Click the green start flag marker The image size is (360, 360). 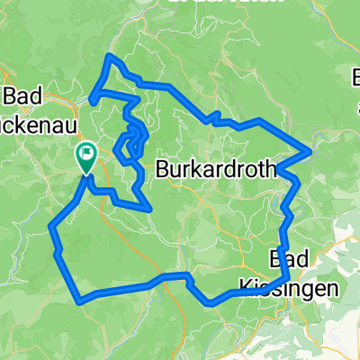[x=85, y=157]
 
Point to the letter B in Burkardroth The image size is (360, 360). [x=163, y=167]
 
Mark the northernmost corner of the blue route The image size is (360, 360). [x=111, y=56]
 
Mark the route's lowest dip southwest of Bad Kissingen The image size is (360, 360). [x=211, y=303]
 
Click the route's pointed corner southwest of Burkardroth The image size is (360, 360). [x=148, y=209]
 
